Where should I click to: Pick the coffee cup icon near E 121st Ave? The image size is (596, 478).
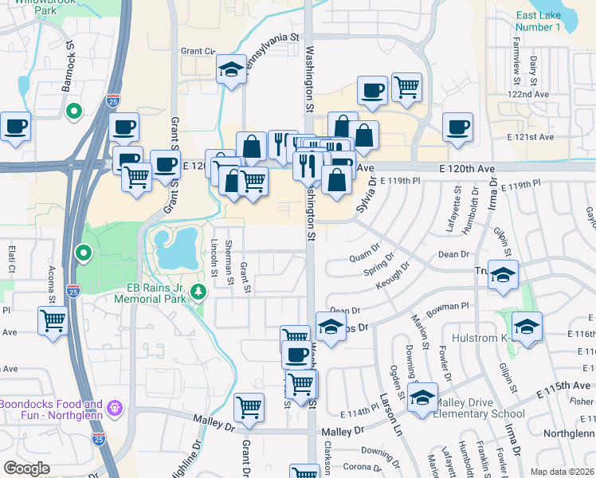click(x=458, y=127)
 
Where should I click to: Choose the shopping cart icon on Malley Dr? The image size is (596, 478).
click(x=249, y=407)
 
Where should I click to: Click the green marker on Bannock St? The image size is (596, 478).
click(x=73, y=112)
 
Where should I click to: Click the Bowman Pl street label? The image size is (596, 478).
click(x=453, y=304)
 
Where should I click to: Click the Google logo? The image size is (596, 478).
click(x=26, y=468)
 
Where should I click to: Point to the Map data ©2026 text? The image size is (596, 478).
click(x=562, y=472)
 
